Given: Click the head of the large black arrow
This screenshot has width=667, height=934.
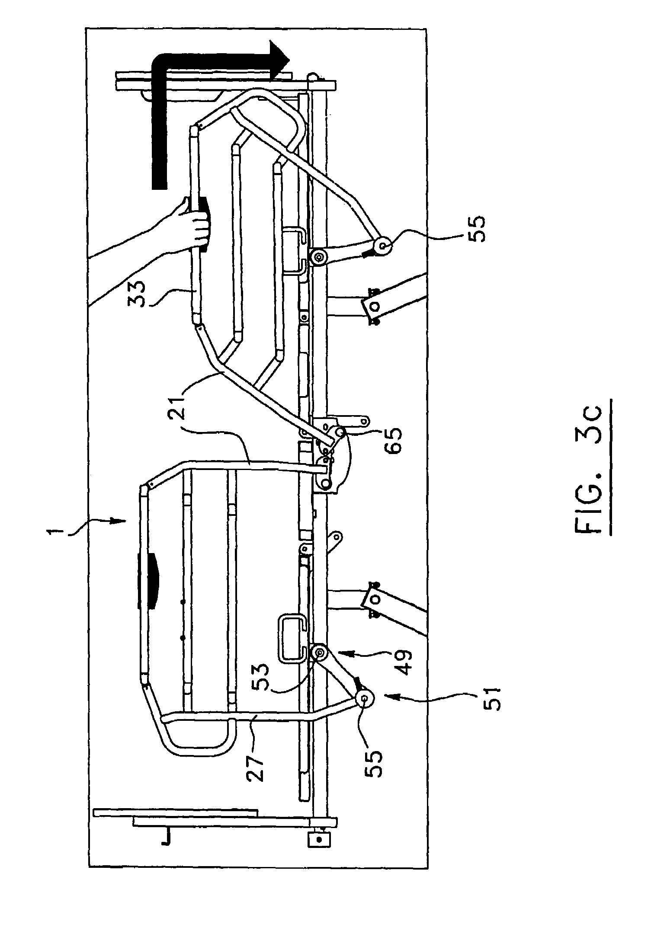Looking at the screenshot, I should (279, 60).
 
